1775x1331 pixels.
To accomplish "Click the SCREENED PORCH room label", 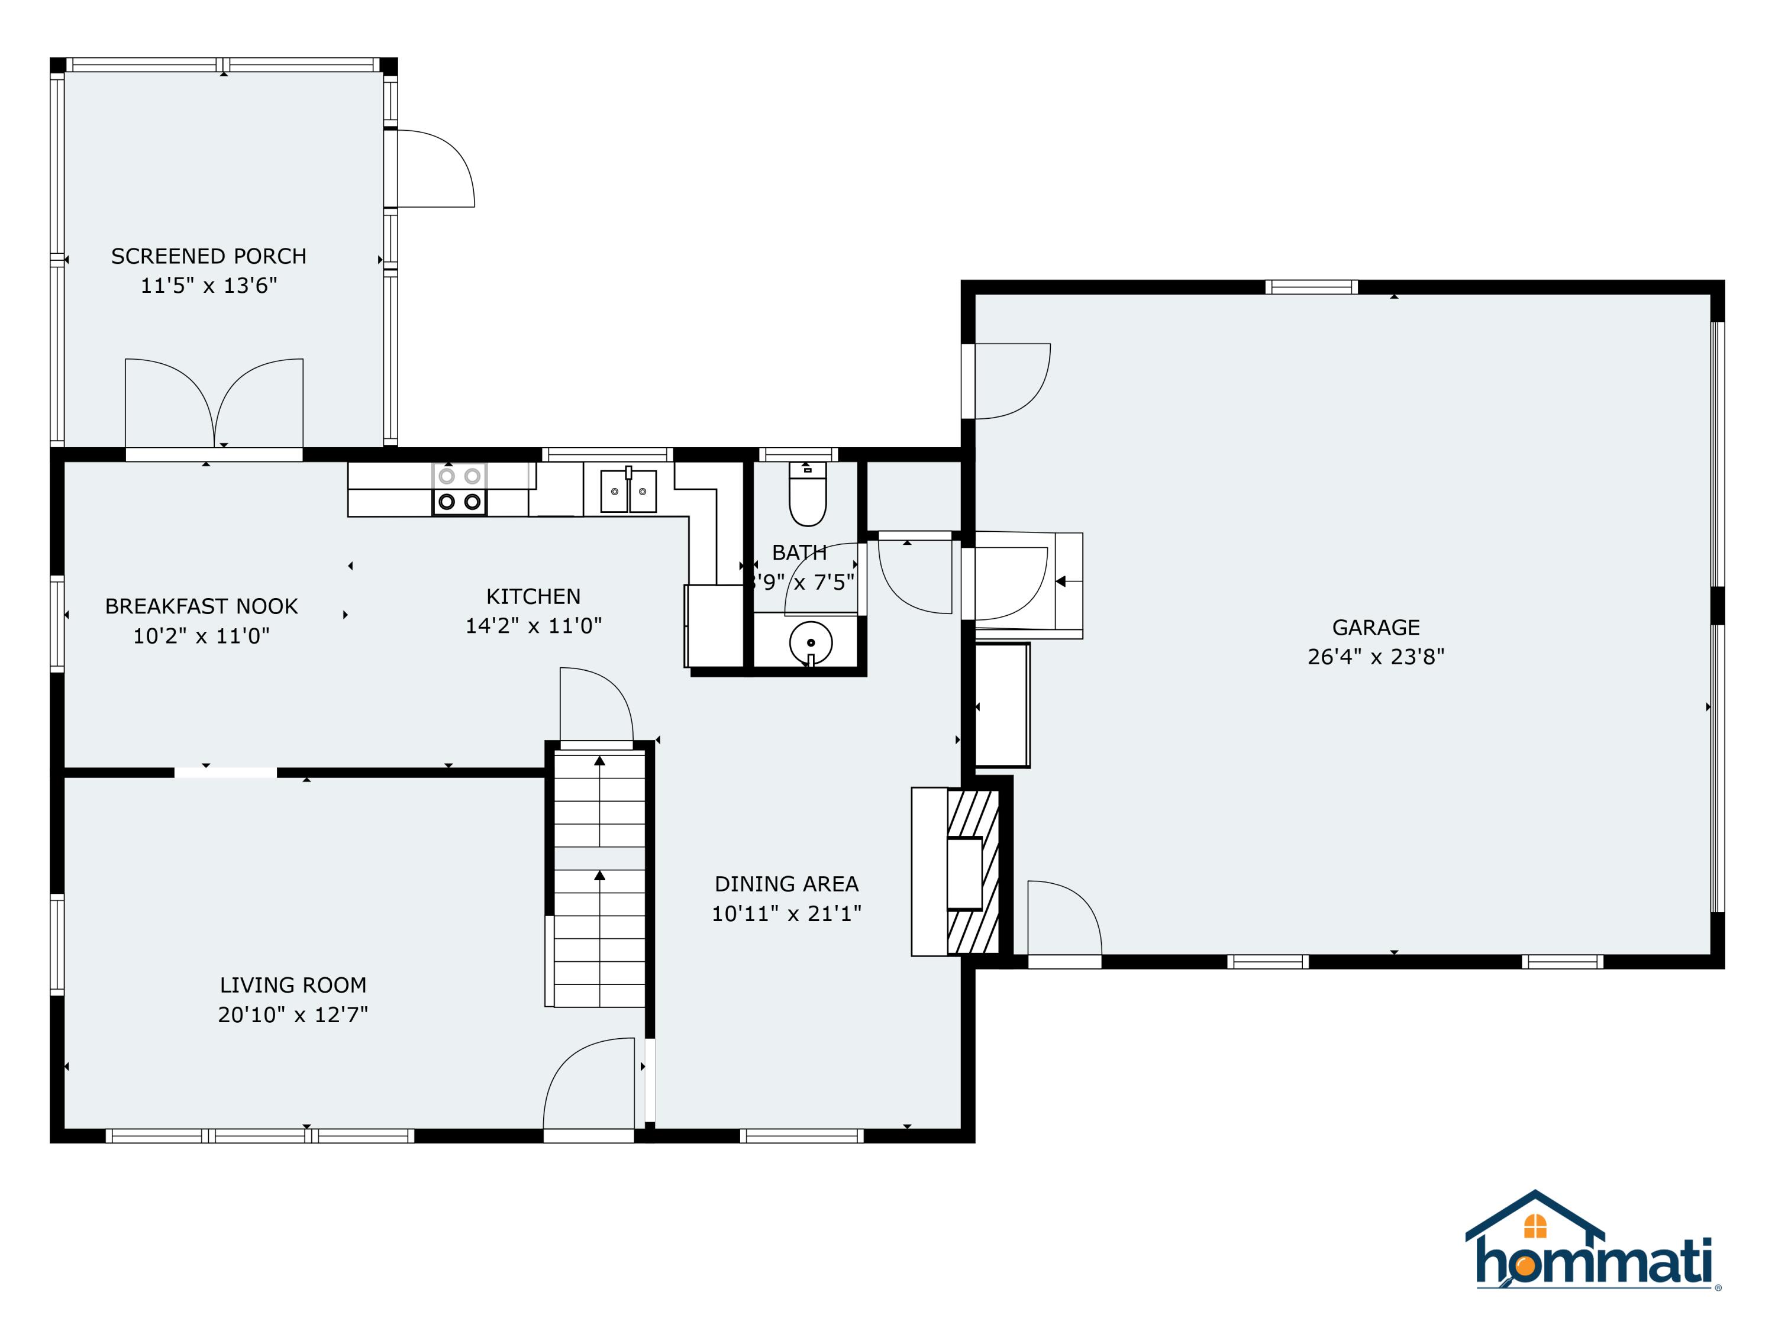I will pyautogui.click(x=209, y=256).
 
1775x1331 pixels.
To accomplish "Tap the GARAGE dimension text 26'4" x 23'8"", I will pyautogui.click(x=1376, y=656).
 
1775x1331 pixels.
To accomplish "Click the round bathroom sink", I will pyautogui.click(x=811, y=642).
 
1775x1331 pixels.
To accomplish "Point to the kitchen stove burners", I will pyautogui.click(x=460, y=489).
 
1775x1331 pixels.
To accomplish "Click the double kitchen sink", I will pyautogui.click(x=628, y=491).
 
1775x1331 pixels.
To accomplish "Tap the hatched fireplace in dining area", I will pyautogui.click(x=973, y=872).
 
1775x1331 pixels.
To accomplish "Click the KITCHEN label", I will pyautogui.click(x=533, y=596).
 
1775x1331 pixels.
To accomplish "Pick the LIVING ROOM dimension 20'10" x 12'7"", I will pyautogui.click(x=293, y=1014).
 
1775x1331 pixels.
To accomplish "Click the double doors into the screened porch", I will pyautogui.click(x=214, y=405).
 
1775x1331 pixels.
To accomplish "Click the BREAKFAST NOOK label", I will pyautogui.click(x=201, y=606).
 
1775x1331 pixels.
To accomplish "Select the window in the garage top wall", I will pyautogui.click(x=1311, y=287).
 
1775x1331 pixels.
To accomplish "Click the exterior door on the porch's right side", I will pyautogui.click(x=433, y=169).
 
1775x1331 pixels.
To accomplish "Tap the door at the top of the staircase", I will pyautogui.click(x=595, y=706).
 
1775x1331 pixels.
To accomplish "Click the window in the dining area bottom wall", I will pyautogui.click(x=801, y=1136).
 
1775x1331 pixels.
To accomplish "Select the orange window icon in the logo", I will pyautogui.click(x=1535, y=1226).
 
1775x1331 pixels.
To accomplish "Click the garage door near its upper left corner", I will pyautogui.click(x=1009, y=381).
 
